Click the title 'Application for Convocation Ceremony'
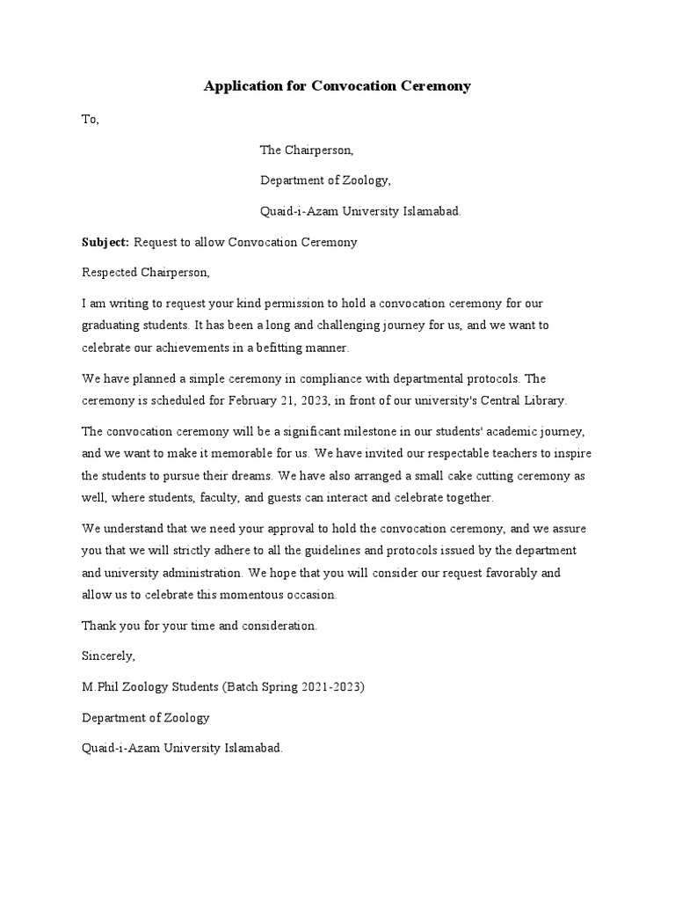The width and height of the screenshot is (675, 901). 337,86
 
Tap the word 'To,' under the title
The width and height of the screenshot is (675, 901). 91,120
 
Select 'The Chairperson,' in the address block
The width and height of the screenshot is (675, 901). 306,150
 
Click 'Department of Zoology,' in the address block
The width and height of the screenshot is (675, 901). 324,180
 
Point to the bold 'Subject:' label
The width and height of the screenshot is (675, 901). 105,242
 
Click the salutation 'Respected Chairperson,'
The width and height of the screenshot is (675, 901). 146,273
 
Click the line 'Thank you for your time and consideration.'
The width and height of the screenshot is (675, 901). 200,626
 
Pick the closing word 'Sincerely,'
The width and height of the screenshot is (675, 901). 109,656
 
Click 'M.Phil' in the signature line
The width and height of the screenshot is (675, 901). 101,687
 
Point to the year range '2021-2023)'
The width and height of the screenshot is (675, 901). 333,687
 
